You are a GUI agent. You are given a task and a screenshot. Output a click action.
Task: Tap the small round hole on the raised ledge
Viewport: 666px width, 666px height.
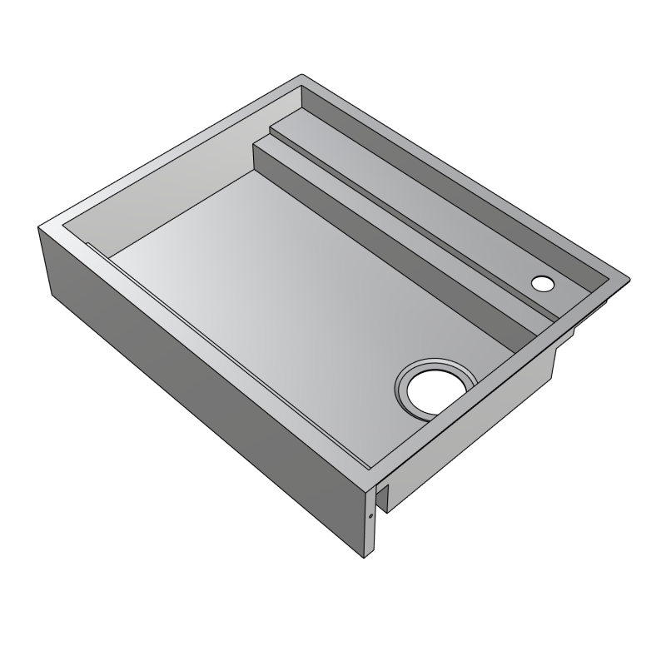point(542,283)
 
